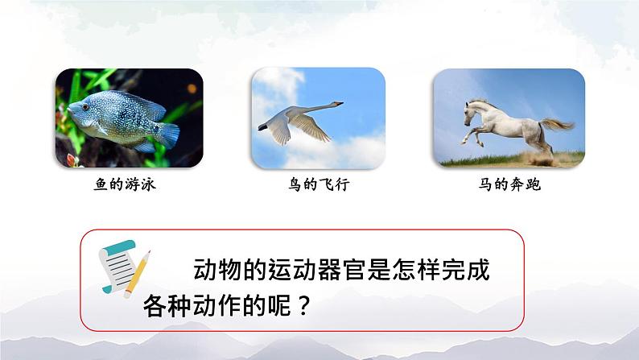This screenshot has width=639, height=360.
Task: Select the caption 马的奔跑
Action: (x=509, y=185)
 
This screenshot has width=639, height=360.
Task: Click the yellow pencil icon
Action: (x=138, y=274)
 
